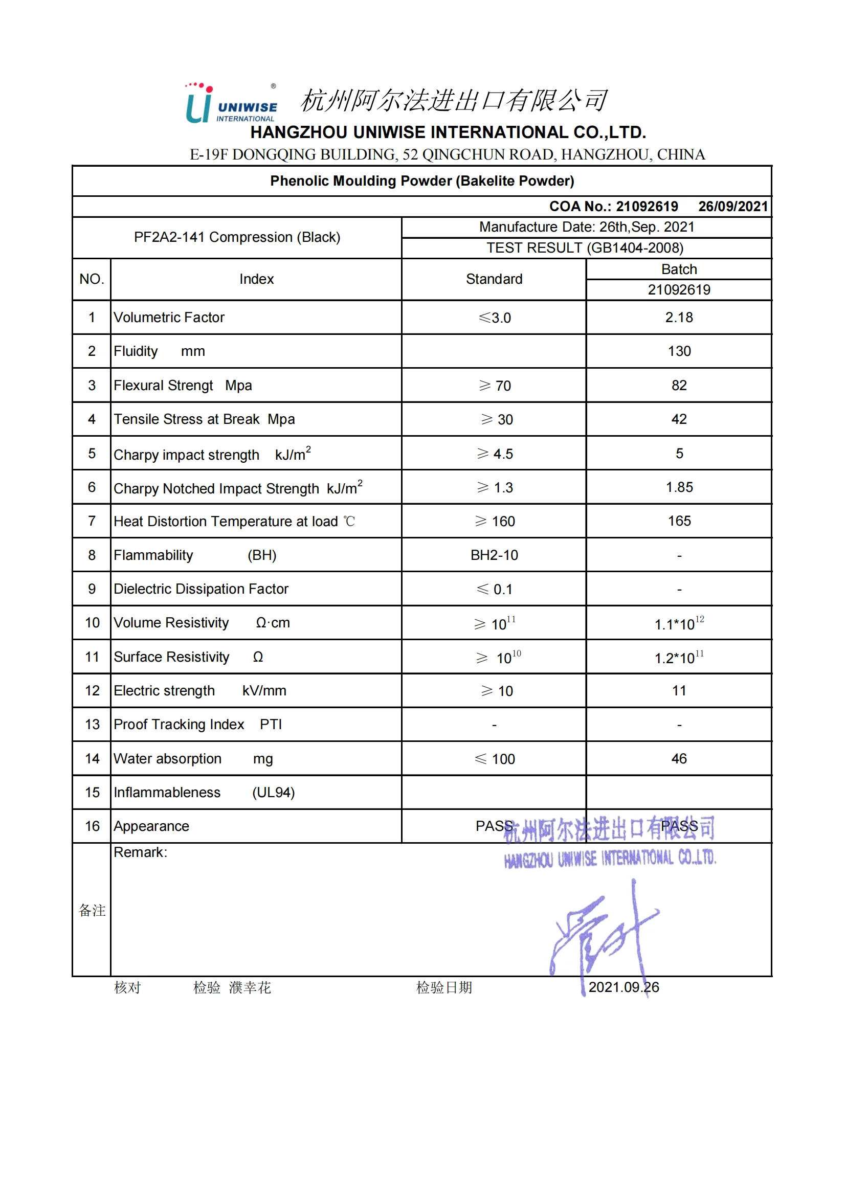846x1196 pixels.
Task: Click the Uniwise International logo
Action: coord(231,104)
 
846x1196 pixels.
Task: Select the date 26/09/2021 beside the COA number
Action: coord(732,207)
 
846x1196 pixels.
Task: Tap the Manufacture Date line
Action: coord(587,227)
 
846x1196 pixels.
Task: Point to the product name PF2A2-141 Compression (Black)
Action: coord(237,238)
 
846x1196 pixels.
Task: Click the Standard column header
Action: coord(494,279)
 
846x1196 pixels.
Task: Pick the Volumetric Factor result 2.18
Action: coord(679,318)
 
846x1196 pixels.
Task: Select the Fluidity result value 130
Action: coord(679,352)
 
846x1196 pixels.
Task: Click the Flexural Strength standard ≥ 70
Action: coord(495,386)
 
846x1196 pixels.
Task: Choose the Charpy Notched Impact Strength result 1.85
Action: coord(679,488)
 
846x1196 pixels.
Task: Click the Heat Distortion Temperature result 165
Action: coord(679,522)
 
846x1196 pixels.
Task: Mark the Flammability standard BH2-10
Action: coord(494,555)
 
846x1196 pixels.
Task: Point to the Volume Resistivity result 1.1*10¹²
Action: coord(679,623)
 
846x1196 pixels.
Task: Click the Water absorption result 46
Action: coord(679,759)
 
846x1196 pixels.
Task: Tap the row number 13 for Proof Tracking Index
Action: coord(92,725)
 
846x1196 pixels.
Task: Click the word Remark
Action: coord(140,853)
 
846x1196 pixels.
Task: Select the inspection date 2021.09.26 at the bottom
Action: coord(623,988)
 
